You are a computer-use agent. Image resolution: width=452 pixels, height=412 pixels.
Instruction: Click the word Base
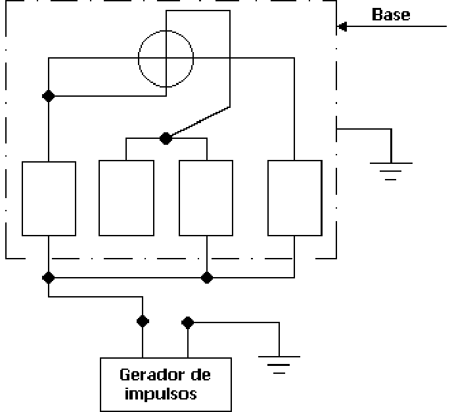point(391,14)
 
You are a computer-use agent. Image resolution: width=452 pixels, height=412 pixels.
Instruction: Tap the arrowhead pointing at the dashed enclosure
point(342,26)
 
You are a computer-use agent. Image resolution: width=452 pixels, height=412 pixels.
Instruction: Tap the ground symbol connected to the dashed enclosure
point(391,171)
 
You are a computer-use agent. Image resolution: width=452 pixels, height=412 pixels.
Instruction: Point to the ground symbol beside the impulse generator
point(279,365)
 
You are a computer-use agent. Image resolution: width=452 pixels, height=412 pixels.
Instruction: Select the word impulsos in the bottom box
point(160,394)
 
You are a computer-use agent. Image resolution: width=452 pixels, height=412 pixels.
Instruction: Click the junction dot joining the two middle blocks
point(166,139)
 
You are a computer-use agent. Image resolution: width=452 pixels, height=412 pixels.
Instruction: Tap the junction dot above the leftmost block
point(49,96)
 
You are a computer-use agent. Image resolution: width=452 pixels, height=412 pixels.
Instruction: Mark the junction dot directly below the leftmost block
point(49,278)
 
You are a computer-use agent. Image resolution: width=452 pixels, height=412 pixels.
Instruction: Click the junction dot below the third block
point(207,278)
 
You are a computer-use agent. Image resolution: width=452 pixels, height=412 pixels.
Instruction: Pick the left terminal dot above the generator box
point(143,321)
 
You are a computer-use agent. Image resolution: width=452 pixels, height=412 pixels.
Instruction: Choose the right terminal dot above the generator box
point(188,322)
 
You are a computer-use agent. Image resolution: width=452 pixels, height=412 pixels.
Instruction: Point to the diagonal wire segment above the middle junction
point(200,121)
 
